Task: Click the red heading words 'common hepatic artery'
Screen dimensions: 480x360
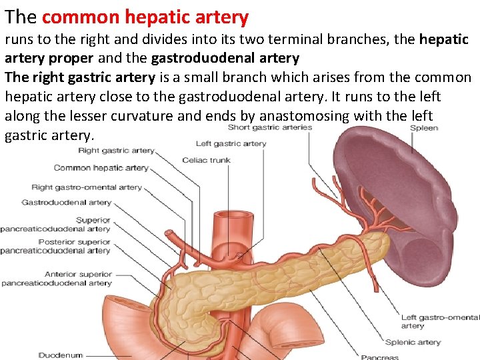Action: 146,17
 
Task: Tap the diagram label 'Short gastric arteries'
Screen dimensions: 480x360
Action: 269,127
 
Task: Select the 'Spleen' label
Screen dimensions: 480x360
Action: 423,128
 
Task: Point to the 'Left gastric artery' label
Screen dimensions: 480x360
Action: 231,143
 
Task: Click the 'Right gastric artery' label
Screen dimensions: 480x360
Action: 116,151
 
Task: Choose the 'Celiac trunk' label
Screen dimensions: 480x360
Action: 206,160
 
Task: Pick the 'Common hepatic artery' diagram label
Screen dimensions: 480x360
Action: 101,168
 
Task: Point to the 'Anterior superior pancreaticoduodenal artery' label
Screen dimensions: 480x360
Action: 56,278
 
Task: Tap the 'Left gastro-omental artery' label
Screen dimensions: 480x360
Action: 439,321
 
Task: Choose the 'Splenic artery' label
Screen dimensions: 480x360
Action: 413,342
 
